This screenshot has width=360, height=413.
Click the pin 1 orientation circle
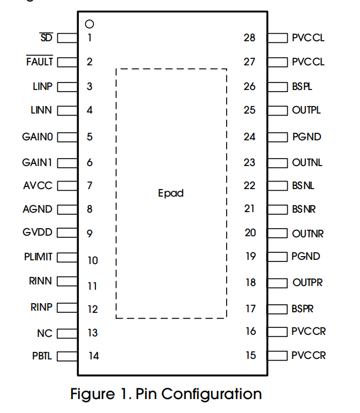tap(89, 24)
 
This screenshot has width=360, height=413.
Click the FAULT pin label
tap(40, 62)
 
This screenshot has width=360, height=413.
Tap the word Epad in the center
tap(171, 193)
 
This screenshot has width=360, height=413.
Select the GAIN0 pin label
tap(37, 137)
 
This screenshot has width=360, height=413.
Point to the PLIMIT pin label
tap(39, 257)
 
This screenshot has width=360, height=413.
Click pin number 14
tap(94, 356)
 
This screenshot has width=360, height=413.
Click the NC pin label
tap(44, 333)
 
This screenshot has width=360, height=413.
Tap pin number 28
tap(249, 37)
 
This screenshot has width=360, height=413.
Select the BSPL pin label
tap(303, 86)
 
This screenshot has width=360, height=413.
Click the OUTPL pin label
tap(306, 110)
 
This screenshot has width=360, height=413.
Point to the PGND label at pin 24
tap(306, 137)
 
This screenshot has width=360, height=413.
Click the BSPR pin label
tap(303, 309)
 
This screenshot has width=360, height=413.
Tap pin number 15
tap(251, 355)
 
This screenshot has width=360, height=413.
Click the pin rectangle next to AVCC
tap(66, 186)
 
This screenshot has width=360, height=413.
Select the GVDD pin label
tap(37, 232)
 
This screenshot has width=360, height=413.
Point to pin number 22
tap(250, 185)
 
